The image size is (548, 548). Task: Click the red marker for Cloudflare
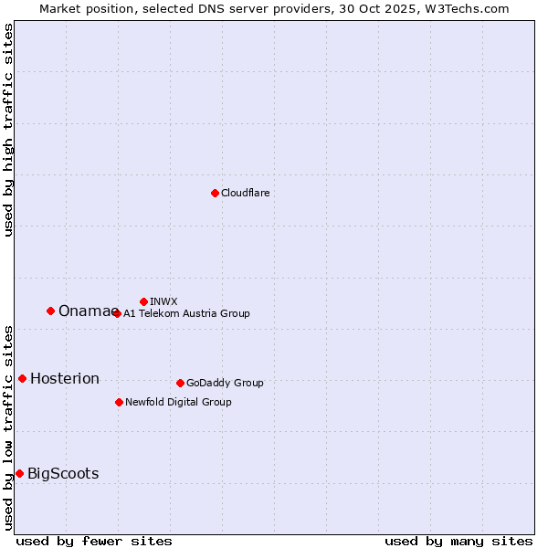(215, 193)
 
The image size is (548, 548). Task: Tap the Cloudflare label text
(246, 193)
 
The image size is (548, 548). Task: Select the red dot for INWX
(143, 301)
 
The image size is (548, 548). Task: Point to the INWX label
(163, 301)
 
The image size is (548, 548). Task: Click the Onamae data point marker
(50, 311)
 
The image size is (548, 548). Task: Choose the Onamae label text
(86, 311)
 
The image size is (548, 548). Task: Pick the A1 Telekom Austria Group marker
(116, 313)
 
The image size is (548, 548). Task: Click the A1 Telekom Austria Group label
(186, 313)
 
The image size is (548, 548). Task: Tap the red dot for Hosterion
(22, 378)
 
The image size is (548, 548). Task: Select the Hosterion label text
(65, 379)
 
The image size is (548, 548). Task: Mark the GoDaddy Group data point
(180, 383)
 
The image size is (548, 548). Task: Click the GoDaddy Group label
(225, 383)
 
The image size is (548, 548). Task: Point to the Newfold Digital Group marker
(119, 402)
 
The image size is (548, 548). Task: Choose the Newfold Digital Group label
(178, 402)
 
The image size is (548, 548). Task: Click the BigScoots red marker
(19, 473)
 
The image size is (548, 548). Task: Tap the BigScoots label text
(63, 473)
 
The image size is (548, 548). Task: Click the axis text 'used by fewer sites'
(94, 541)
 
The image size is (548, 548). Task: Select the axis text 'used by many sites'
(458, 541)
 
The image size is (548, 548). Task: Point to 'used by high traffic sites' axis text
(8, 130)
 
